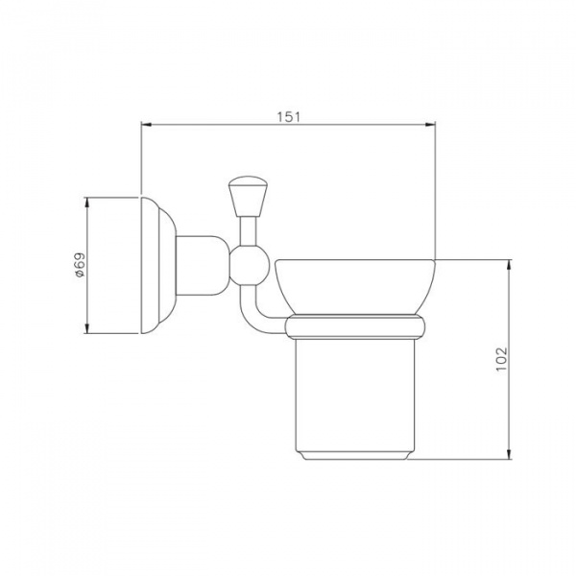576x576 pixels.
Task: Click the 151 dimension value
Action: [288, 116]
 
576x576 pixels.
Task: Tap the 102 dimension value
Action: [501, 359]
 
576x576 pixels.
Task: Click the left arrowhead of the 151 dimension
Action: [146, 125]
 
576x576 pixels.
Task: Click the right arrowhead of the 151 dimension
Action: [430, 125]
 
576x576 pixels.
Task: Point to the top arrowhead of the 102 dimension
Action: [509, 265]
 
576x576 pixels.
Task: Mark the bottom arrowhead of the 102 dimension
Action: [509, 454]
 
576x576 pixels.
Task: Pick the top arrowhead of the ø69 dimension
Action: [87, 203]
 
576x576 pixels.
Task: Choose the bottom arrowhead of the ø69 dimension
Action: [87, 328]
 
